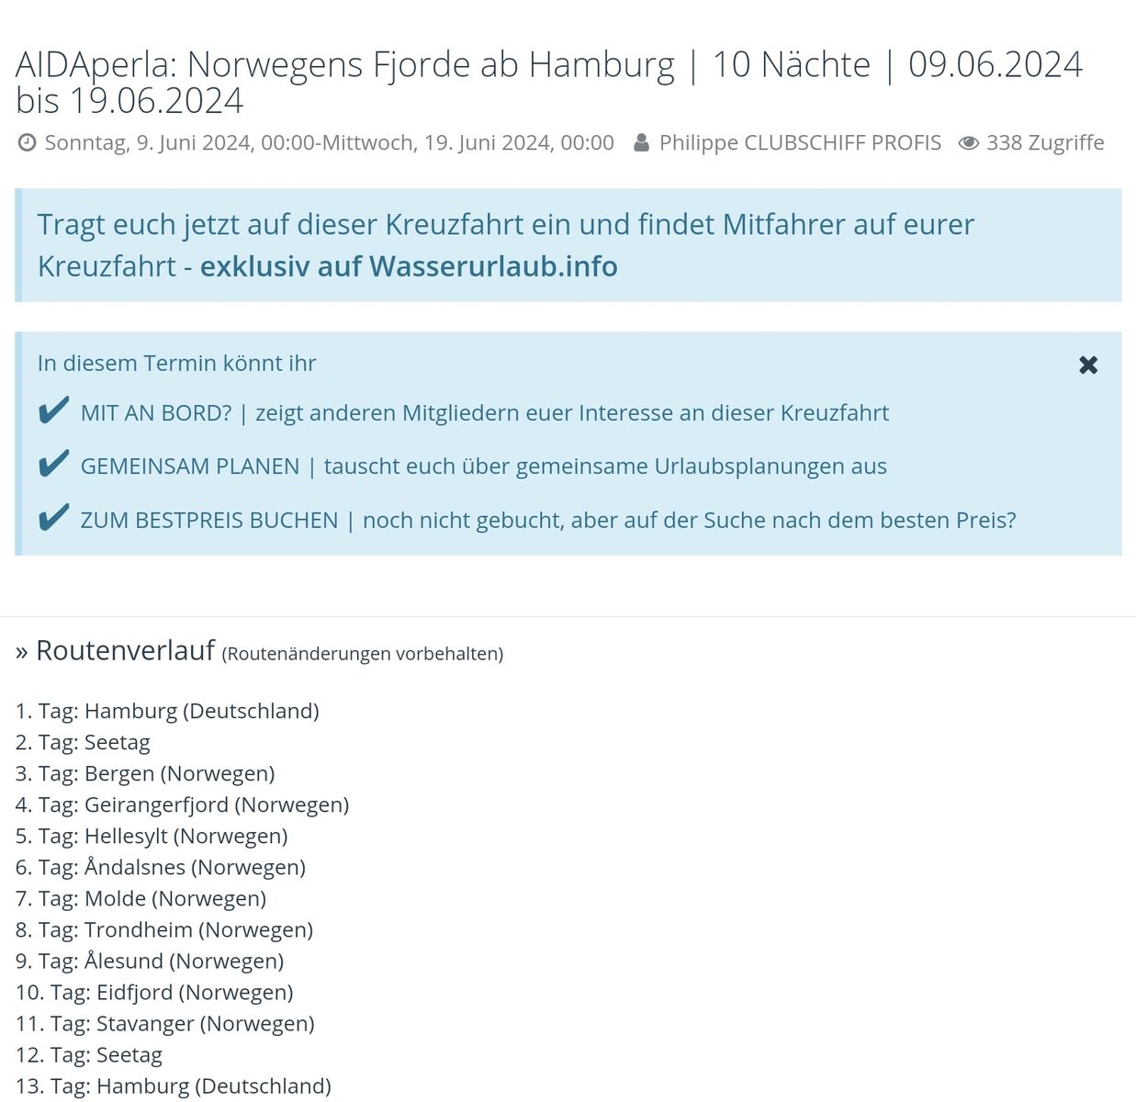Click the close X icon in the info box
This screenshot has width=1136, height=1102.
click(x=1088, y=365)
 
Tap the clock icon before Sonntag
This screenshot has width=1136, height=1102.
click(x=28, y=142)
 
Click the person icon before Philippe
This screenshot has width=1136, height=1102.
click(x=641, y=142)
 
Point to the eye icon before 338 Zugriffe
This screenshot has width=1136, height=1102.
click(x=968, y=142)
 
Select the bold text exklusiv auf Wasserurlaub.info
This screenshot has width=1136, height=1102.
click(x=409, y=266)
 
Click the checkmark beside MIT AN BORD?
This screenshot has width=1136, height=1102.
click(x=53, y=410)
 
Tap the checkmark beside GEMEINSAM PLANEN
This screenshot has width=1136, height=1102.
click(x=53, y=464)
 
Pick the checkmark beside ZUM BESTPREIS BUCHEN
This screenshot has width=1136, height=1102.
click(x=53, y=518)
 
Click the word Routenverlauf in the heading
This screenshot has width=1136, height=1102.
click(x=125, y=650)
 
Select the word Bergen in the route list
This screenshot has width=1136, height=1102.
click(x=119, y=773)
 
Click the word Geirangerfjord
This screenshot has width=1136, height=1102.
click(x=156, y=804)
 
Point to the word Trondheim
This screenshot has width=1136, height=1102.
click(x=138, y=929)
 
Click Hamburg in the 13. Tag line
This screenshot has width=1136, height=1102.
click(x=142, y=1085)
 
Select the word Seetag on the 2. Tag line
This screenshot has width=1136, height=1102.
click(x=117, y=742)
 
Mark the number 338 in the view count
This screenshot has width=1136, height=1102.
click(x=1004, y=142)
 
